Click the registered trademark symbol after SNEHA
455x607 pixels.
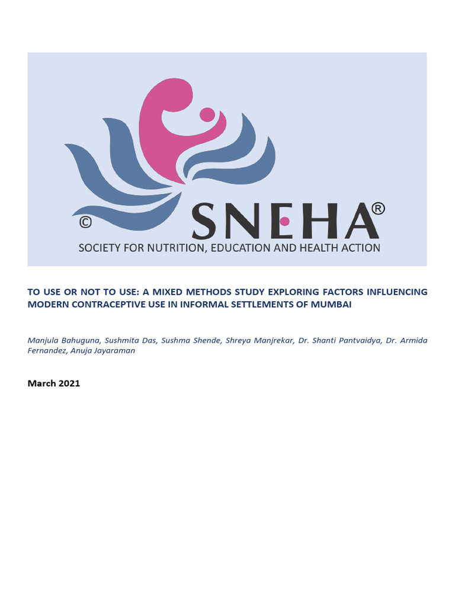tap(377, 209)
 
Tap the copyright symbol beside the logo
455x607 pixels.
tap(86, 222)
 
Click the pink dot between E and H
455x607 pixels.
tap(284, 221)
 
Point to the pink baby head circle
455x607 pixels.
tap(207, 114)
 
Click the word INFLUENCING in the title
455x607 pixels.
tap(395, 292)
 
